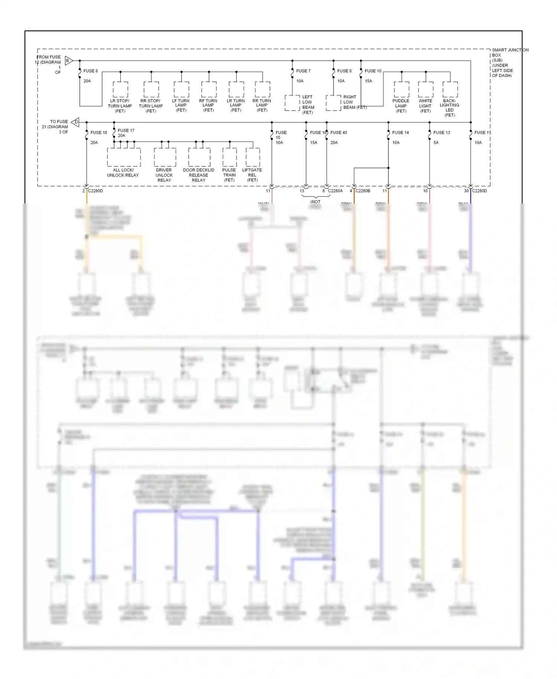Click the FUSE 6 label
coord(91,71)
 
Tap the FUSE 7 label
coord(303,71)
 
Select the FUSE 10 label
coord(373,71)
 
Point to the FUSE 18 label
coord(98,133)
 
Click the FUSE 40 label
coord(339,133)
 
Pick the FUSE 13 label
coord(442,133)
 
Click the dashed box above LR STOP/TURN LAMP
coord(120,90)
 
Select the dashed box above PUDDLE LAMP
coord(401,90)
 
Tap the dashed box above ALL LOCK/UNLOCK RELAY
coord(124,157)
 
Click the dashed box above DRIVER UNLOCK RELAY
coord(165,157)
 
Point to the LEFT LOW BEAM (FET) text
coord(308,105)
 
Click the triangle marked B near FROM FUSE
coord(69,61)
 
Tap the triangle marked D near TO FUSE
coord(75,122)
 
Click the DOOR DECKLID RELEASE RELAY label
coord(199,175)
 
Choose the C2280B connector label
coord(363,191)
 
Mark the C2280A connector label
coord(335,191)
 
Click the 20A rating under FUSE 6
coord(87,81)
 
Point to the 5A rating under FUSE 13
coord(436,143)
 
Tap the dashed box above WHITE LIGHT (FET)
coord(426,90)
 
